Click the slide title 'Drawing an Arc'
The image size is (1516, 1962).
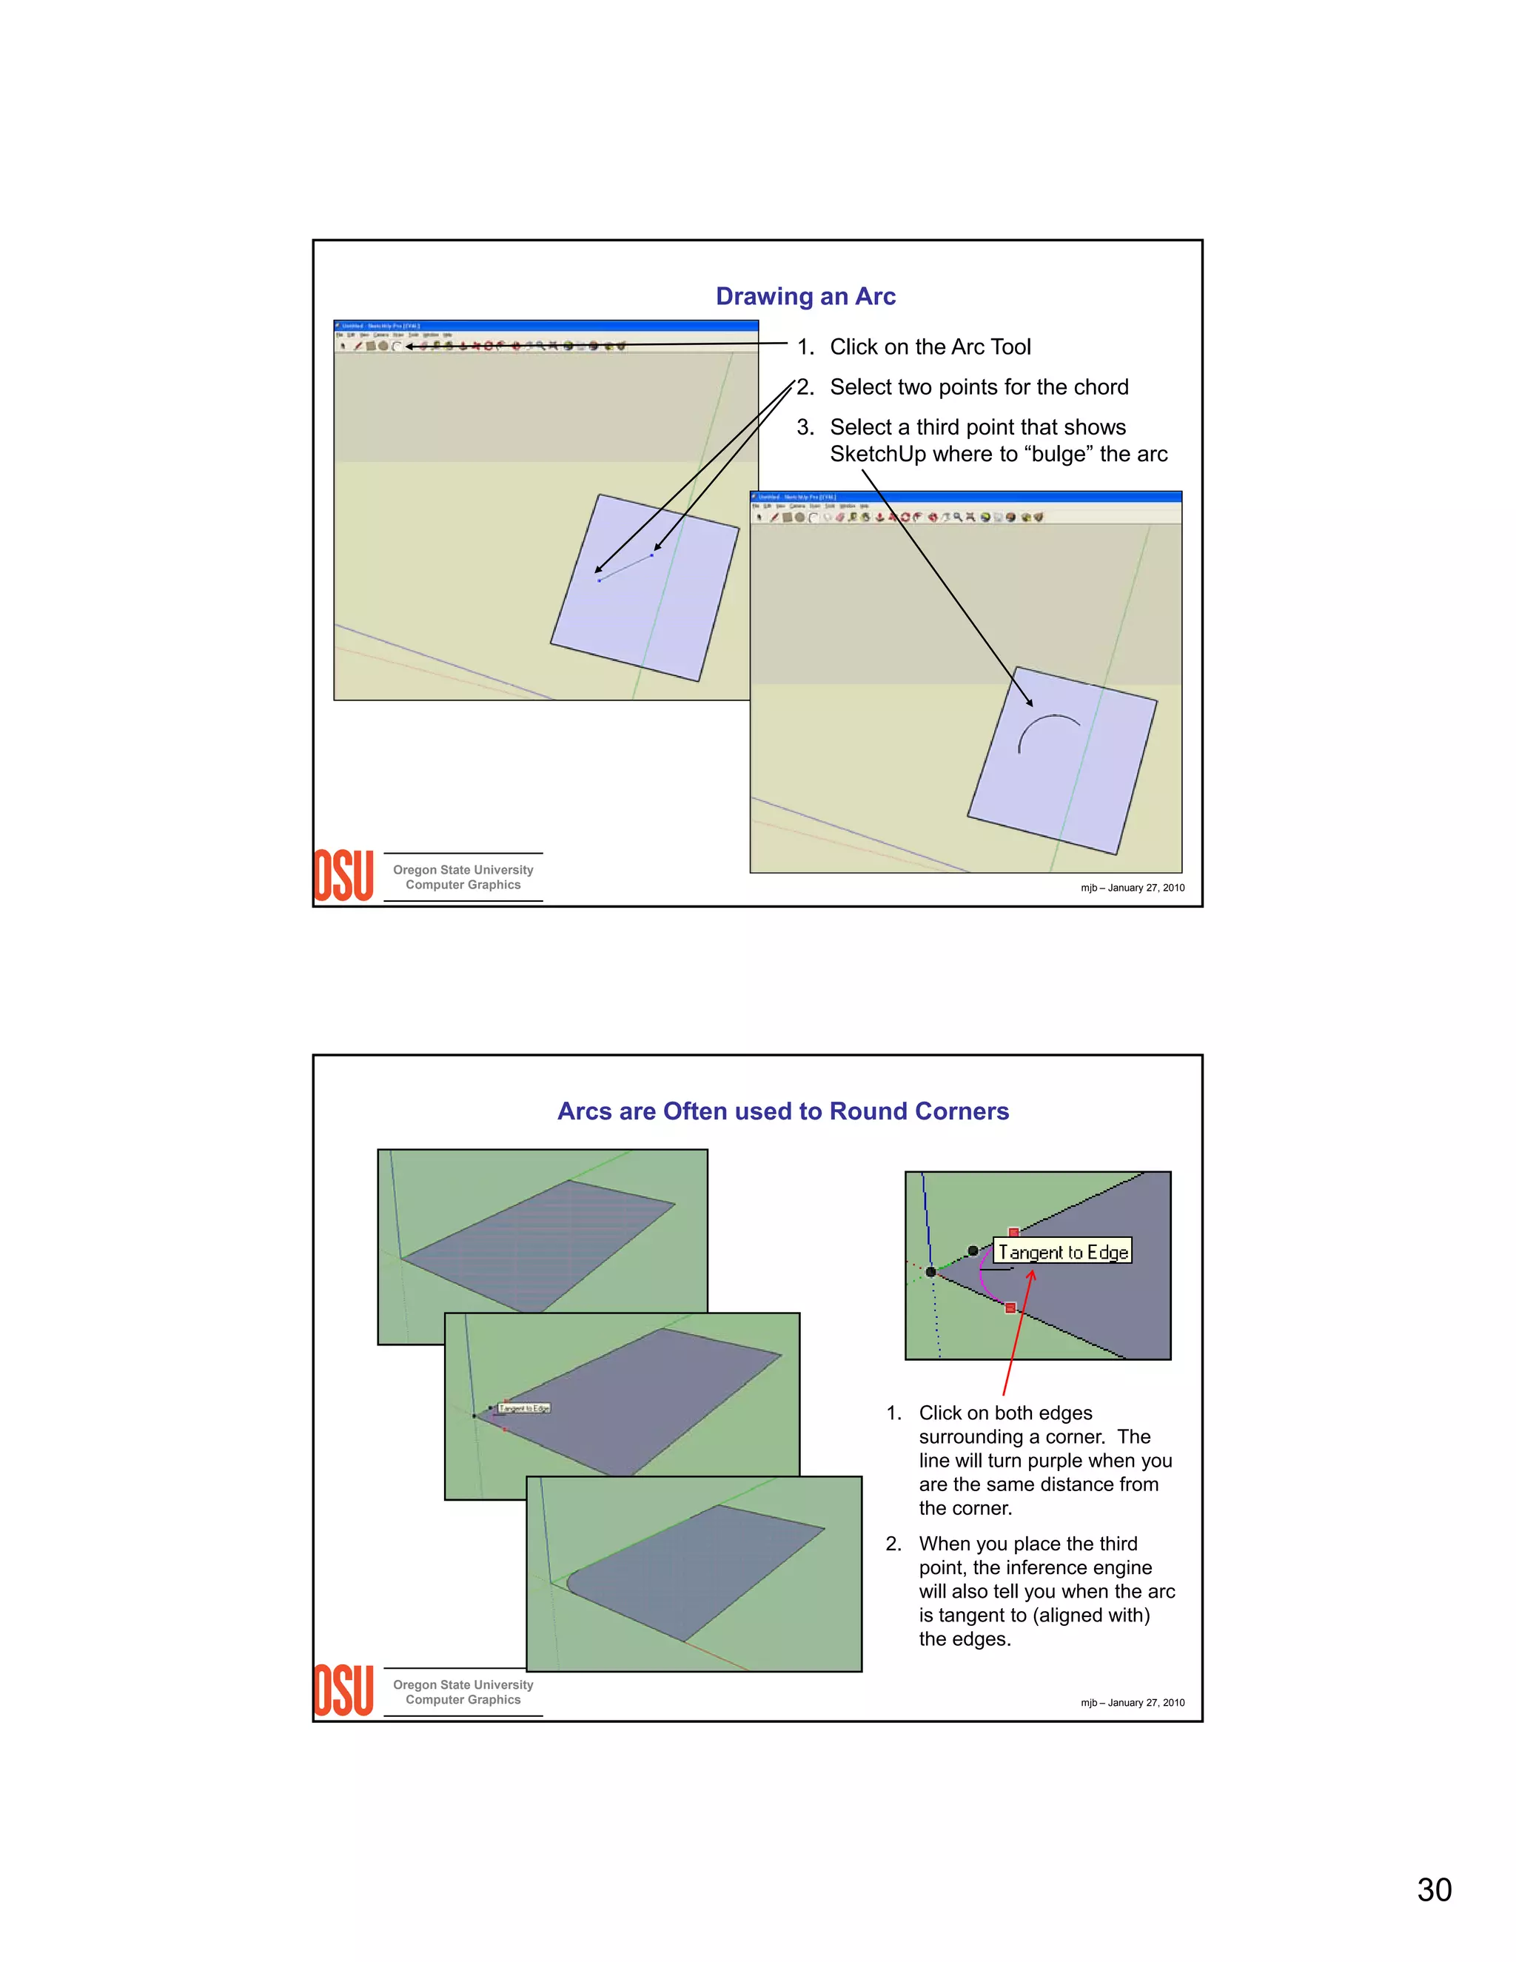coord(805,296)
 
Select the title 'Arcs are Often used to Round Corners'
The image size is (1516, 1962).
coord(782,1111)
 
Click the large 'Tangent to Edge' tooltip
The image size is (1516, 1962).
coord(1062,1251)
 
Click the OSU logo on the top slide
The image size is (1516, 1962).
coord(343,876)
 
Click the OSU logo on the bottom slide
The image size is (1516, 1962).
coord(343,1691)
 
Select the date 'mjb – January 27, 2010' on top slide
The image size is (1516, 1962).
coord(1132,888)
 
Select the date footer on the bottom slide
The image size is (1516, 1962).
coord(1132,1702)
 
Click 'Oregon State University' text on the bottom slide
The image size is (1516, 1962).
coord(463,1684)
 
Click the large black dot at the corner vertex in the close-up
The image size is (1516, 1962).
coord(931,1271)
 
